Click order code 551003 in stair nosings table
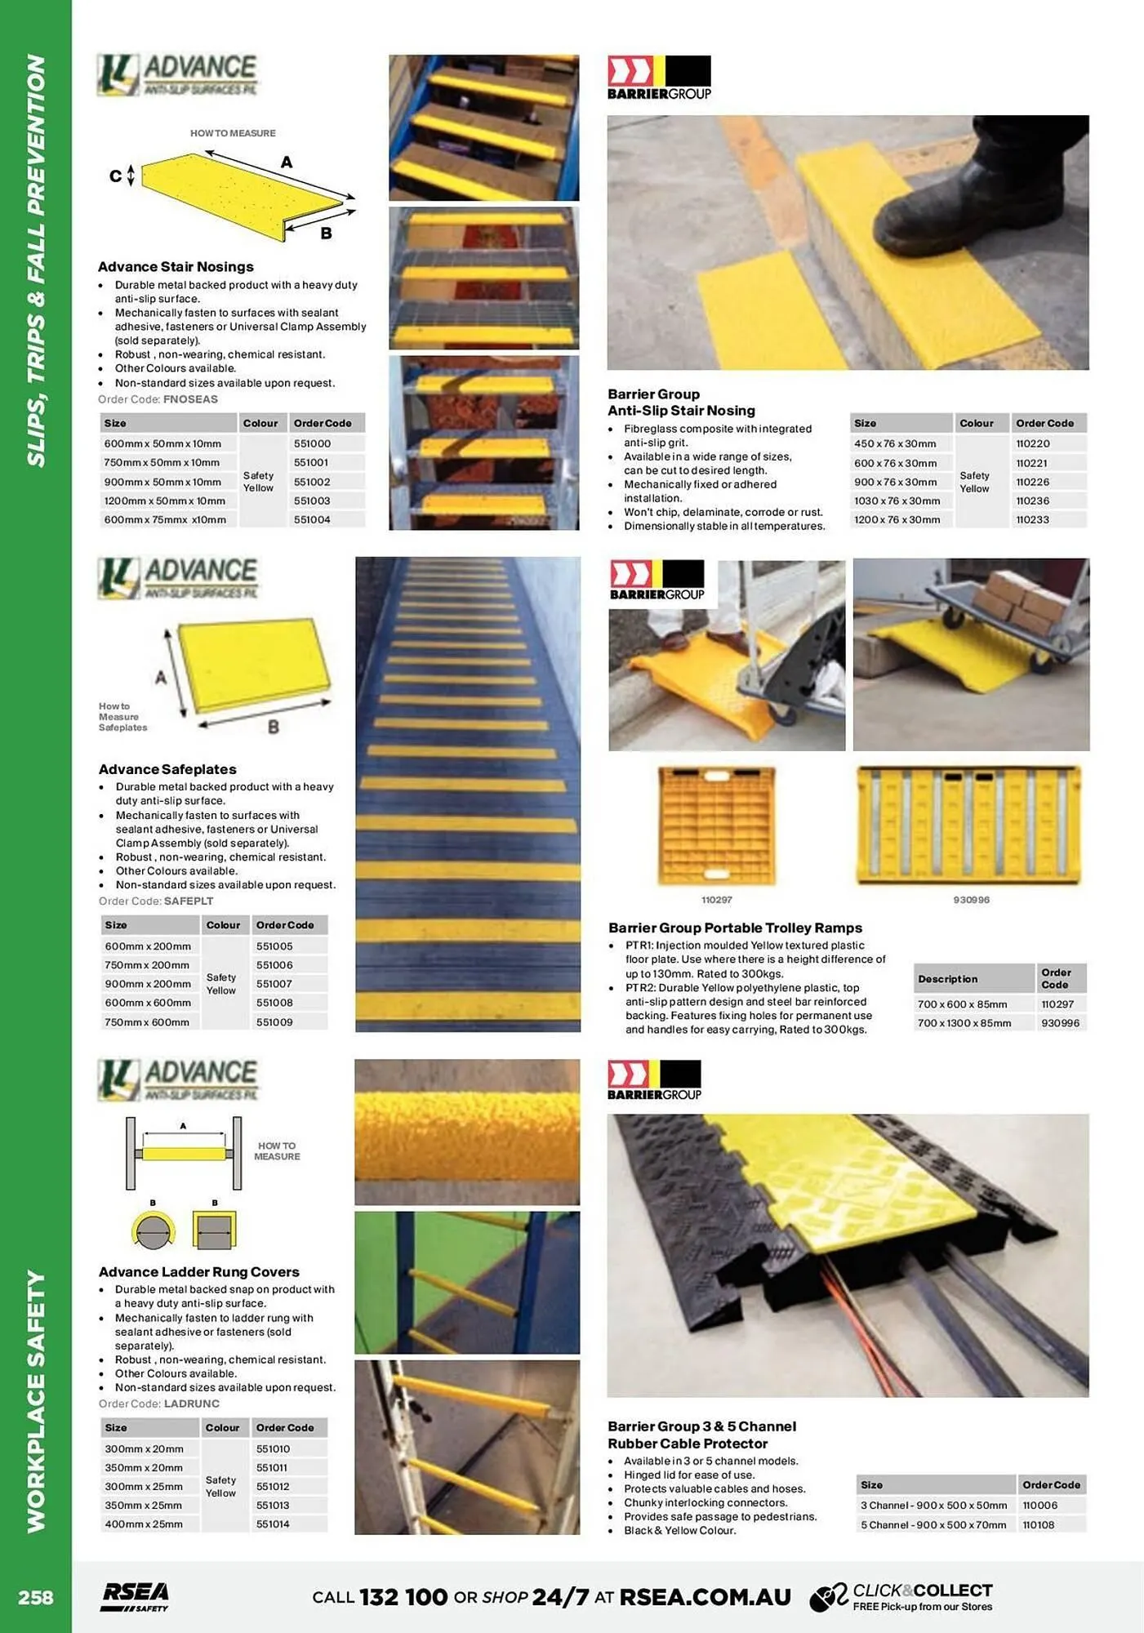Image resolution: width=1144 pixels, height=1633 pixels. pyautogui.click(x=312, y=501)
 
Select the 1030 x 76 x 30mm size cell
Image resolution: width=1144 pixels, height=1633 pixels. pyautogui.click(x=897, y=501)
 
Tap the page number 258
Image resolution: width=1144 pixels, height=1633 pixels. pyautogui.click(x=36, y=1596)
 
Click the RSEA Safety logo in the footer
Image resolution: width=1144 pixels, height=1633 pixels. pyautogui.click(x=136, y=1596)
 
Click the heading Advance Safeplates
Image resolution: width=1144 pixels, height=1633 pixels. pyautogui.click(x=167, y=769)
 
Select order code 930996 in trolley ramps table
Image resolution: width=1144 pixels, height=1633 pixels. pyautogui.click(x=1060, y=1023)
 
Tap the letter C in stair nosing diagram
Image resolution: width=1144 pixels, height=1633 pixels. pyautogui.click(x=115, y=176)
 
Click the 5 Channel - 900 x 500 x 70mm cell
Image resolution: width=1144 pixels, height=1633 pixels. pyautogui.click(x=933, y=1524)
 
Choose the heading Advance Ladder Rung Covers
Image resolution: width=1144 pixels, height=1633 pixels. pyautogui.click(x=198, y=1271)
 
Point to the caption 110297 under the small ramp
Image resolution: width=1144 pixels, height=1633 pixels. pyautogui.click(x=716, y=900)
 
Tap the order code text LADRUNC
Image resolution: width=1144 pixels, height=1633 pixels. pyautogui.click(x=191, y=1404)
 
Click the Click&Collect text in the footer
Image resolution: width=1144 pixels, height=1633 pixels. pyautogui.click(x=922, y=1590)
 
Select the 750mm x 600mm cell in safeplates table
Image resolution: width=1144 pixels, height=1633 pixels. pyautogui.click(x=147, y=1022)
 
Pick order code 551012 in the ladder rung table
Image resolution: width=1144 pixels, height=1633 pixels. pyautogui.click(x=273, y=1486)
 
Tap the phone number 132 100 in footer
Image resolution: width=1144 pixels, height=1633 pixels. pyautogui.click(x=403, y=1596)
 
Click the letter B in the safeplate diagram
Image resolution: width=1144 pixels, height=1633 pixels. pyautogui.click(x=274, y=726)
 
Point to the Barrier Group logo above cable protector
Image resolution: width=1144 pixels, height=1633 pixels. pyautogui.click(x=654, y=1079)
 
